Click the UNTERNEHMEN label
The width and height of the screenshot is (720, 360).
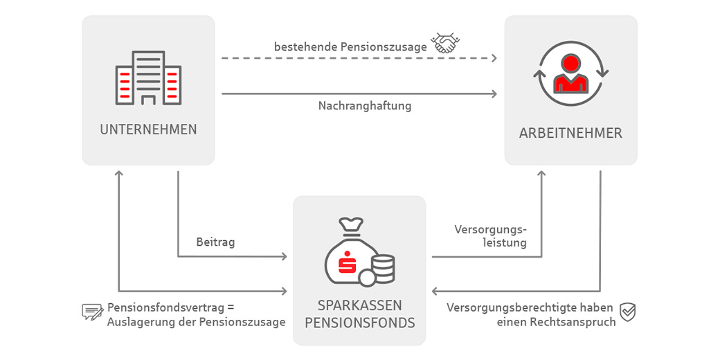[x=148, y=129]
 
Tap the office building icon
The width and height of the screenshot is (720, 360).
[x=148, y=78]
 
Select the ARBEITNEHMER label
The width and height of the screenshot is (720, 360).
[x=570, y=133]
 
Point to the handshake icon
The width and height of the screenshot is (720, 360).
[x=445, y=44]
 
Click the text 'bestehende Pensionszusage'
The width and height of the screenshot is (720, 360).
[x=350, y=47]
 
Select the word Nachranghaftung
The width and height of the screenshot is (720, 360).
[x=365, y=106]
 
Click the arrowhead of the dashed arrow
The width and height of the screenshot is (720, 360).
[x=494, y=58]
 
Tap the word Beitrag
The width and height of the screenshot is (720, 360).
[x=215, y=242]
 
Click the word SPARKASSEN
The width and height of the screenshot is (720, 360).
[x=359, y=305]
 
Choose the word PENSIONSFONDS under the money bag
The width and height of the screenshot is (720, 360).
[x=359, y=323]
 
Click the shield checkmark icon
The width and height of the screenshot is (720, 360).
[x=627, y=312]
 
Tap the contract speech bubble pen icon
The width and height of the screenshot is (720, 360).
[x=92, y=312]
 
